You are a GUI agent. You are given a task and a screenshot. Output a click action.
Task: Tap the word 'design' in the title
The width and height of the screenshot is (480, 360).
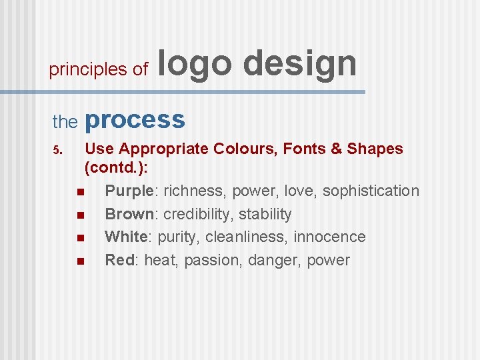point(300,65)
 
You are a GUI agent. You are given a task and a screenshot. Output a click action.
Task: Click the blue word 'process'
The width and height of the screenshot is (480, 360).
point(135,120)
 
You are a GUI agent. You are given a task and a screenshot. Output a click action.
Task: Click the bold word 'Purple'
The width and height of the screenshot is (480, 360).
point(130,191)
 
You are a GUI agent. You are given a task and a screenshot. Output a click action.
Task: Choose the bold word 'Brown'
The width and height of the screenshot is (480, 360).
point(129,214)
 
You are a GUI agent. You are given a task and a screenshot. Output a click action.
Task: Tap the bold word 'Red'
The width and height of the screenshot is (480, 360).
point(120,260)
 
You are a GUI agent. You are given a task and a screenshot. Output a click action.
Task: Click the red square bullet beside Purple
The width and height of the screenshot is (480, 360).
point(80,193)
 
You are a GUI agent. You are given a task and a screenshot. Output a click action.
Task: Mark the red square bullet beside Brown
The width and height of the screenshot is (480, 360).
point(80,215)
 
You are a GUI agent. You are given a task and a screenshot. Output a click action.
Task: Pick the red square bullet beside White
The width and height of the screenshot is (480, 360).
point(80,238)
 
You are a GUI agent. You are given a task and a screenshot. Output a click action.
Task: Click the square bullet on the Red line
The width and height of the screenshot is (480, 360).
point(80,261)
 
